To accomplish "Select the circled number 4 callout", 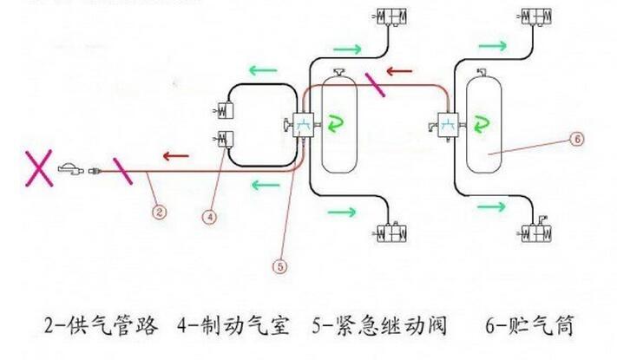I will (210, 218).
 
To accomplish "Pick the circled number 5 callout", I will (278, 267).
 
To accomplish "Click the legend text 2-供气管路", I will (102, 326).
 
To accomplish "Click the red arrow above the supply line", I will (179, 156).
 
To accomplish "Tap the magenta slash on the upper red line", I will (375, 85).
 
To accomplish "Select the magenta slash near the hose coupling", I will (121, 172).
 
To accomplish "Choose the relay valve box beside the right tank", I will (449, 124).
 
